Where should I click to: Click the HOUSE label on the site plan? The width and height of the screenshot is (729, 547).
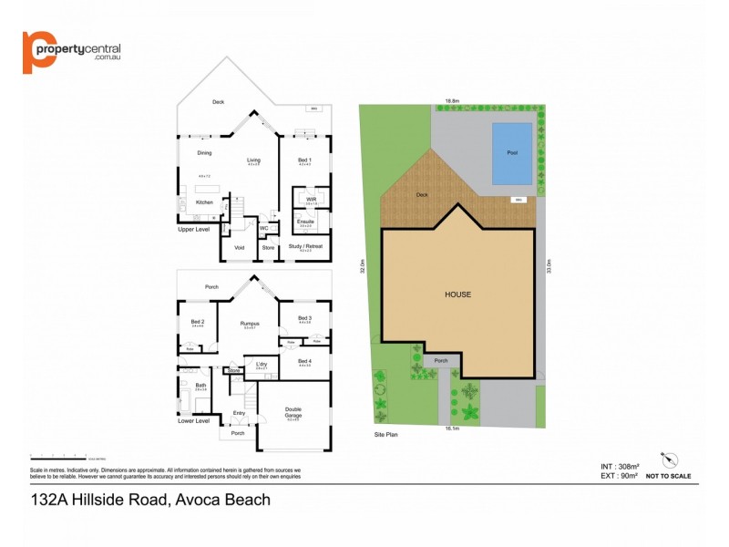pos(457,294)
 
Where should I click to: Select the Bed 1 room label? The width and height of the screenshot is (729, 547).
pos(304,160)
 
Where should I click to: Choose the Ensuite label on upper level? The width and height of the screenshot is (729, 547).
pos(305,221)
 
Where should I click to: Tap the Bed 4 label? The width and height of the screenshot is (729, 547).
pos(304,361)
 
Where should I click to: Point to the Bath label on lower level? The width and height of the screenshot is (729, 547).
pos(200,386)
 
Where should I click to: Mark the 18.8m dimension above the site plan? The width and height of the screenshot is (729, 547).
pos(451,100)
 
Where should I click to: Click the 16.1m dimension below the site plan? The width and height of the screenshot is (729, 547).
pos(450,428)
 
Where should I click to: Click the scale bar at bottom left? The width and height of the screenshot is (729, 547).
pos(55,455)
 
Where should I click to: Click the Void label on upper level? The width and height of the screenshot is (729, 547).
pos(240,247)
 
